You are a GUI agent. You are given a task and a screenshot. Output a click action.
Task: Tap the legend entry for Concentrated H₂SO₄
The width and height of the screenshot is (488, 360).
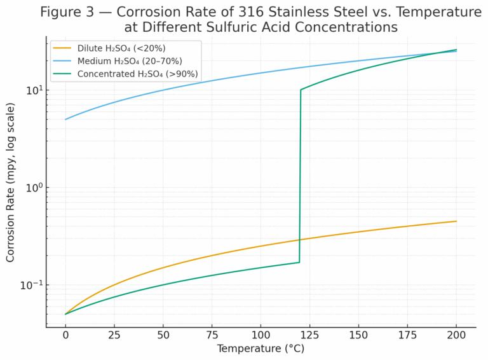click(137, 74)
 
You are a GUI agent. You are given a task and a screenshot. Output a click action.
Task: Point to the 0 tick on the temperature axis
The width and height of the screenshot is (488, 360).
click(65, 335)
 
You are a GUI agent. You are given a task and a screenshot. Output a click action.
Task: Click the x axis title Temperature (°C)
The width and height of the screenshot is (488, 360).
click(261, 349)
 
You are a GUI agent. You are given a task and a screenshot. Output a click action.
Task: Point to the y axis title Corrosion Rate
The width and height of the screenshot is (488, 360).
click(11, 184)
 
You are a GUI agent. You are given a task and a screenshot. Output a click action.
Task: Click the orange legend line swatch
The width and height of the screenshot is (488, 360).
click(63, 48)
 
